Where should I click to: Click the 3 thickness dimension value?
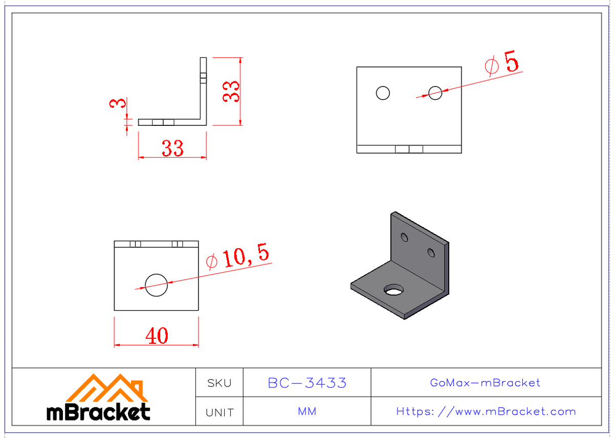click(x=118, y=103)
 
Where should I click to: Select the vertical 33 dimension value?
click(x=231, y=92)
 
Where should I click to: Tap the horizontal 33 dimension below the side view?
click(x=172, y=148)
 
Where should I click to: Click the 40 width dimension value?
click(x=157, y=336)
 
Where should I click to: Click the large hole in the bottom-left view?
click(x=156, y=284)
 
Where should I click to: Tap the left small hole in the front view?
click(x=383, y=93)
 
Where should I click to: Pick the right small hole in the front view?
click(x=435, y=93)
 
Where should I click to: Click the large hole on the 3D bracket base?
click(x=393, y=290)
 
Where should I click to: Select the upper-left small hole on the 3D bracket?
click(x=404, y=237)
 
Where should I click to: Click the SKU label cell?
click(x=219, y=383)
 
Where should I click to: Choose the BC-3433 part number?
click(x=307, y=383)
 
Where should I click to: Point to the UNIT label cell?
click(x=219, y=412)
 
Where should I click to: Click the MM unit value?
click(x=307, y=411)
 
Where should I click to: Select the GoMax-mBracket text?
click(x=485, y=383)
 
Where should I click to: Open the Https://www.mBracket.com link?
click(x=486, y=411)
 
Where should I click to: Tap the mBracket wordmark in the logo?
click(x=98, y=411)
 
